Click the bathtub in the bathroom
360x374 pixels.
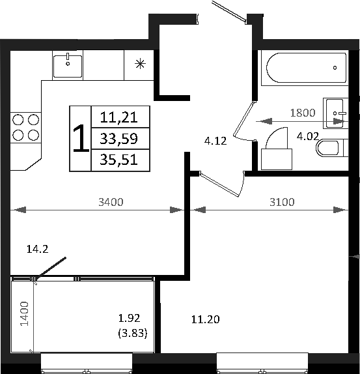pyautogui.click(x=305, y=67)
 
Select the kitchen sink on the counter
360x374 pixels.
pyautogui.click(x=68, y=64)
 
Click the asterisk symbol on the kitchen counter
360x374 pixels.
pyautogui.click(x=139, y=64)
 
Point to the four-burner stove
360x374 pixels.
pyautogui.click(x=25, y=127)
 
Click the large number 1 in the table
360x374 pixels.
pyautogui.click(x=81, y=138)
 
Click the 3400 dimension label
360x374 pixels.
pyautogui.click(x=111, y=202)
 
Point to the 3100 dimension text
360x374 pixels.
pyautogui.click(x=281, y=202)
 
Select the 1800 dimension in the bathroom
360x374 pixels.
pyautogui.click(x=302, y=113)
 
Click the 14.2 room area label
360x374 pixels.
pyautogui.click(x=37, y=248)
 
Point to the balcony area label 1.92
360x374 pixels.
pyautogui.click(x=130, y=319)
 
